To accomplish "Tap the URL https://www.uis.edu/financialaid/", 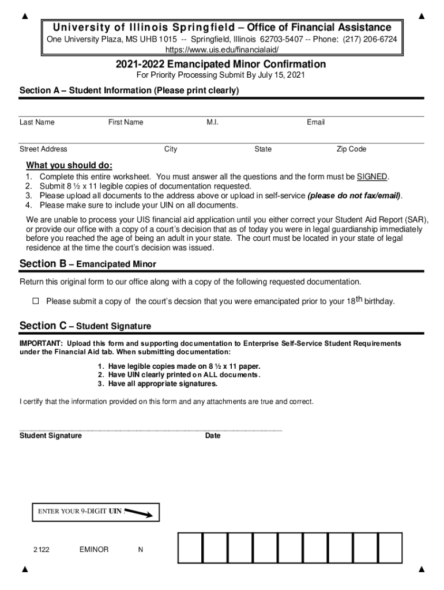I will point(221,50).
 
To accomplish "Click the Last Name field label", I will point(37,122).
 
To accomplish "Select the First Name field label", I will point(126,122).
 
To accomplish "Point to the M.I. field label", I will point(212,122).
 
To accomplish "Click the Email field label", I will point(315,122).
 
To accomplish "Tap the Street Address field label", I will point(43,149).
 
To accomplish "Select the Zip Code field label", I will point(351,149).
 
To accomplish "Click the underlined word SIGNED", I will point(372,177).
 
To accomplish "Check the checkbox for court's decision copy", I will point(35,301).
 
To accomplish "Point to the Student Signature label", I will point(51,436).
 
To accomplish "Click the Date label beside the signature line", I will point(213,436).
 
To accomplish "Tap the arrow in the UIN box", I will point(139,512).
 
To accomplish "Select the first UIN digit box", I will point(190,548).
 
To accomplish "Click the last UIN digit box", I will point(390,548).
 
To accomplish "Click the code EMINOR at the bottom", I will point(93,550).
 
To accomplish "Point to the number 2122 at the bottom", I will point(41,550).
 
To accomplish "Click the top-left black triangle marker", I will point(24,16).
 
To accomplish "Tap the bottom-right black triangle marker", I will point(421,570).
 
